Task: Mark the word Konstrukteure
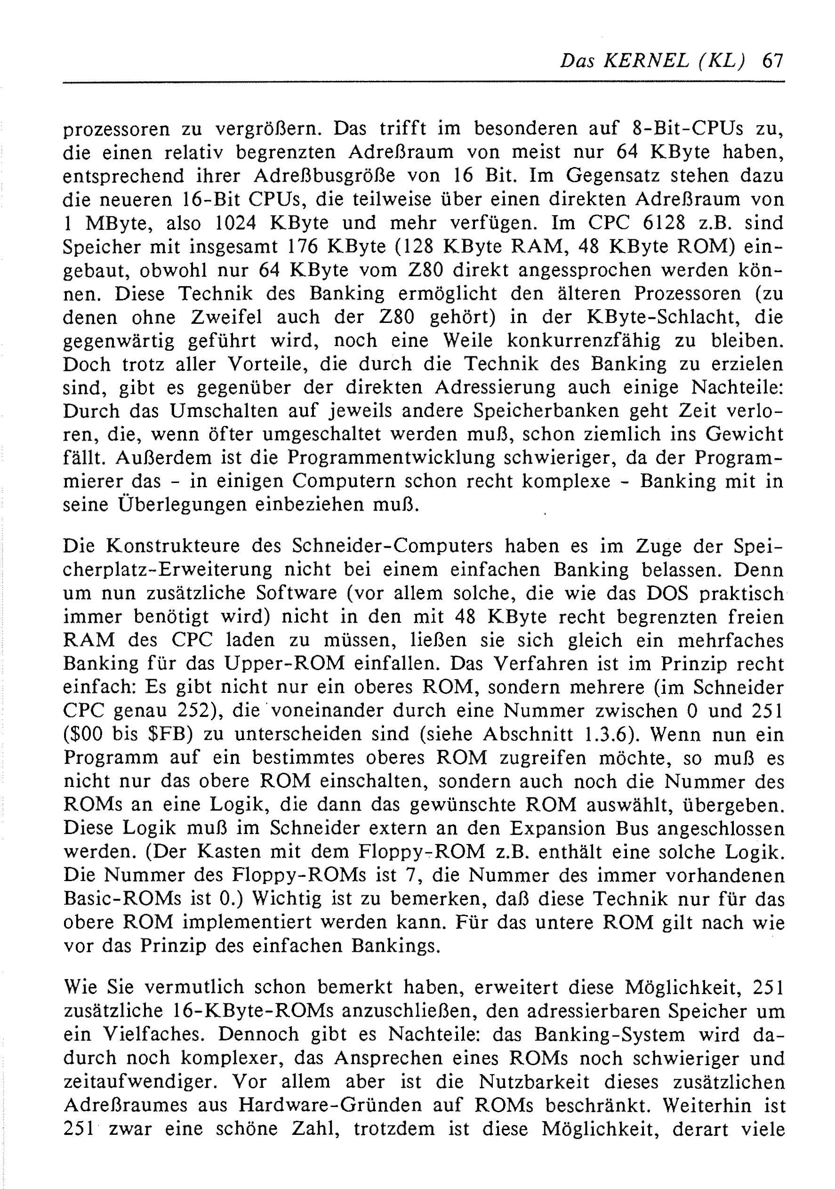[x=170, y=546]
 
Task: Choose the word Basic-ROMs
[x=122, y=899]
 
